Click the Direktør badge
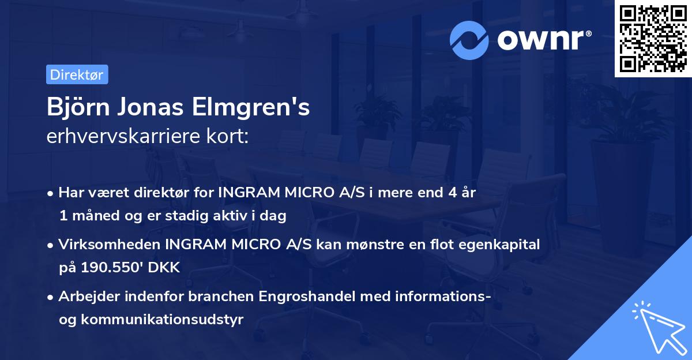(77, 74)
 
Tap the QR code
(653, 39)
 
